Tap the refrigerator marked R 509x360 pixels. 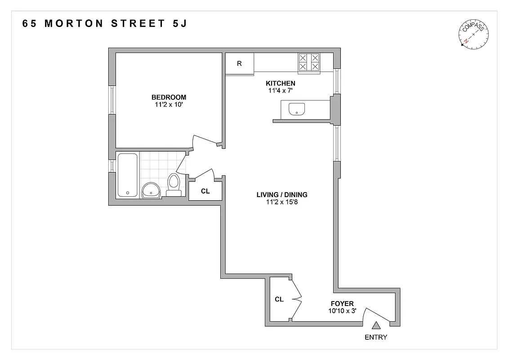(x=239, y=63)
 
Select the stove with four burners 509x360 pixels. (x=309, y=62)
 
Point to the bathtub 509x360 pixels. (x=128, y=175)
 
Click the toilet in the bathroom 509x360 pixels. (x=174, y=184)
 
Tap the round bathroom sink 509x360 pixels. (x=151, y=191)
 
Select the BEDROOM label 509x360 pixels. (x=169, y=97)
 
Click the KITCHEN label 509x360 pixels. (x=281, y=83)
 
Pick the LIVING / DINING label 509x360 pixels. (x=282, y=195)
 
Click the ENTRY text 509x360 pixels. (x=376, y=337)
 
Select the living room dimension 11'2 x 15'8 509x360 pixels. (x=282, y=202)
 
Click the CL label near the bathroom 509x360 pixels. (x=205, y=191)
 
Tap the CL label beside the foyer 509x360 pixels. (x=279, y=299)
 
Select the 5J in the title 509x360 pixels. (x=179, y=24)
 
